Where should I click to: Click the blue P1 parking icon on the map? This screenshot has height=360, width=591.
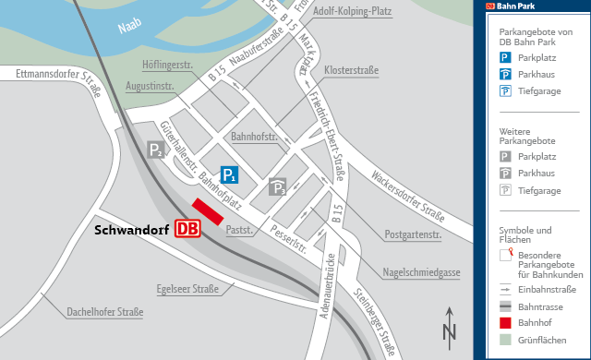(x=230, y=174)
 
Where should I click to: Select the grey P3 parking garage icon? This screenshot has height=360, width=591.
(x=277, y=188)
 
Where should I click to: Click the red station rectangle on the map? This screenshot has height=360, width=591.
(x=208, y=211)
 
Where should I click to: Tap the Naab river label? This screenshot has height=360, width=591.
(x=133, y=29)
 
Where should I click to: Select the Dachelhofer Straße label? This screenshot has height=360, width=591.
(x=104, y=312)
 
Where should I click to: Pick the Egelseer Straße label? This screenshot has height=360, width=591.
(x=187, y=289)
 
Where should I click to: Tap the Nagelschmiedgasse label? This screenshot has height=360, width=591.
(x=422, y=271)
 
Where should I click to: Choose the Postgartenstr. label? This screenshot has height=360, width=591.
(x=413, y=234)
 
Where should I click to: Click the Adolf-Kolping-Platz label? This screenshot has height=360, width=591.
(x=354, y=12)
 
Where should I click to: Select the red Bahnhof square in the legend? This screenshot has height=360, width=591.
(x=505, y=323)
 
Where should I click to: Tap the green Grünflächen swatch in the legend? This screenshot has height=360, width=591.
(x=505, y=341)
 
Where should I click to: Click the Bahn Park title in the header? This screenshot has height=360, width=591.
(x=517, y=6)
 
